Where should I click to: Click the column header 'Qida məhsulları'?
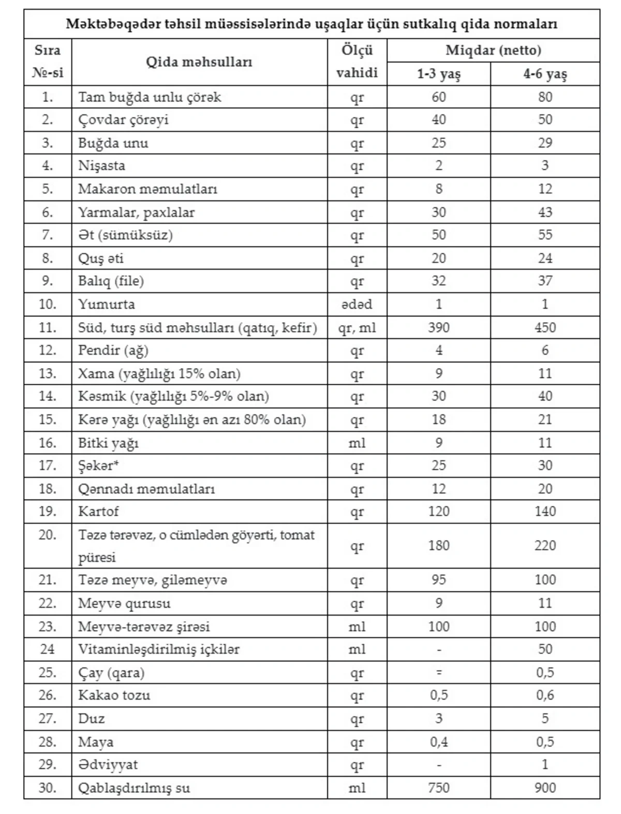[199, 62]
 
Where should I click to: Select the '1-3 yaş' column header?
[438, 74]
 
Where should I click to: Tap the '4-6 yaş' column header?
[545, 74]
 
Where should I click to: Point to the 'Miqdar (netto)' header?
[493, 50]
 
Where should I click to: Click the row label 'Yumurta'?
[107, 304]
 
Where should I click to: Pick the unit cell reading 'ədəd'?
[357, 304]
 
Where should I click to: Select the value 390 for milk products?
[438, 327]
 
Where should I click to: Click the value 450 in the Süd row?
[545, 327]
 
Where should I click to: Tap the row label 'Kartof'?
[98, 511]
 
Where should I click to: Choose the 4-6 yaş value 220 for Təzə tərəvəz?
[545, 545]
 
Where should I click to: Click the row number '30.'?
[47, 788]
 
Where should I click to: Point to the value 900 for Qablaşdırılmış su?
[545, 788]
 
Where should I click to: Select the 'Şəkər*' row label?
[98, 466]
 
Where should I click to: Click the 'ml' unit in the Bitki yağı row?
[357, 443]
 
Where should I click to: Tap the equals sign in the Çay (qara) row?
[438, 673]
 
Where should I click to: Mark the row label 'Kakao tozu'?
[114, 695]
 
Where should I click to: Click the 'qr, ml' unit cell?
[357, 327]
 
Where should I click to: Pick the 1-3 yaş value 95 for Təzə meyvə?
[438, 579]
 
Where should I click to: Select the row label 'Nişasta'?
[101, 166]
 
